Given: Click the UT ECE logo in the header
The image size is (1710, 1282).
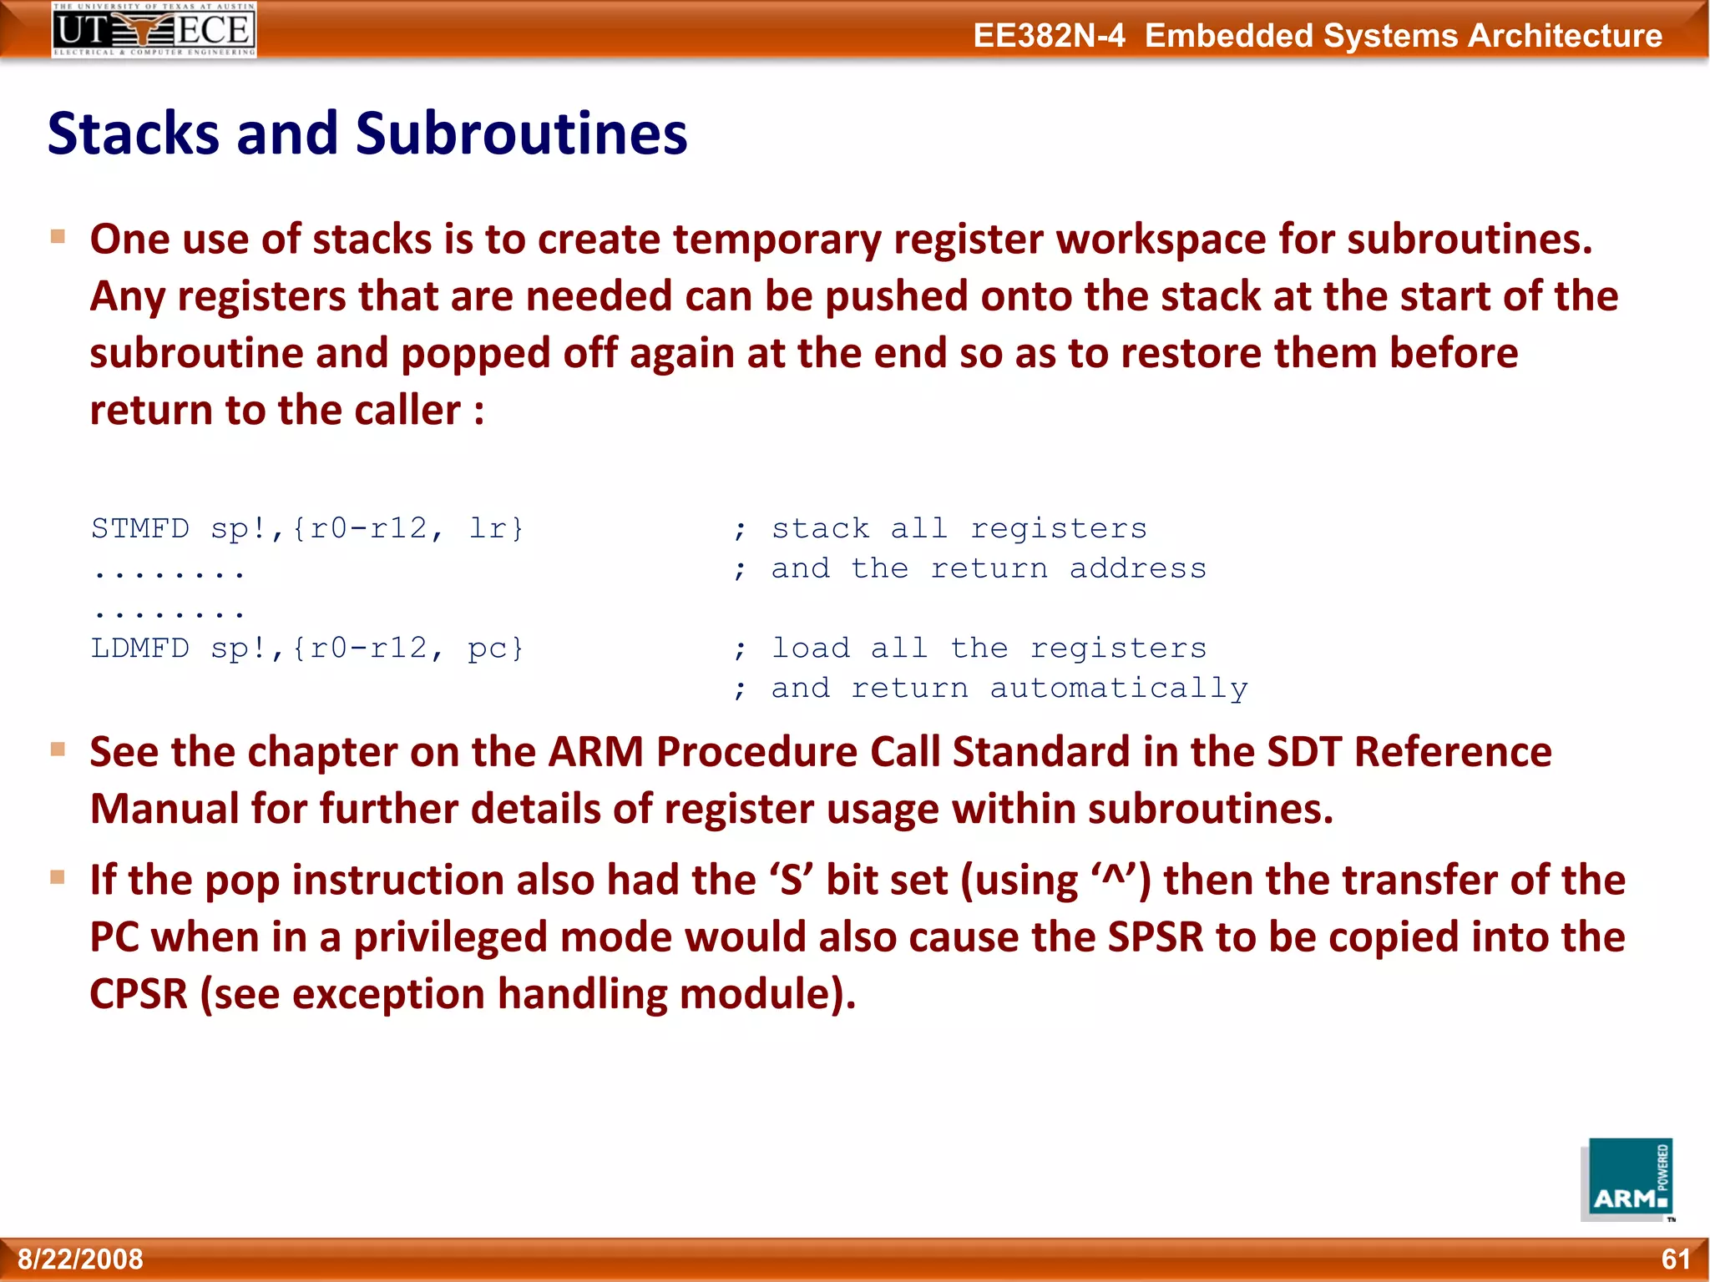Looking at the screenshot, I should coord(154,30).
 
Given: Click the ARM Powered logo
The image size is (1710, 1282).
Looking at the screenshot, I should coord(1627,1179).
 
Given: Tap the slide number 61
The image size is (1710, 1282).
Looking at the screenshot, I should coord(1675,1259).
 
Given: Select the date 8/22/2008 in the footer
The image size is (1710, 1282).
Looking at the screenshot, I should coord(80,1259).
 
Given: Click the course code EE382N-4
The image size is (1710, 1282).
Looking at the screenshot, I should coord(1049,36).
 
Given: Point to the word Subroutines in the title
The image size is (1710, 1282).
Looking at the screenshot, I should coord(521,134).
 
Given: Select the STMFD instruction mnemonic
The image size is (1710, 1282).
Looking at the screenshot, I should coord(140,529).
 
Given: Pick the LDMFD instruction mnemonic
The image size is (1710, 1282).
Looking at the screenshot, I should coord(140,649).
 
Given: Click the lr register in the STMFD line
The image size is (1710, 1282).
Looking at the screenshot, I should coord(488,529).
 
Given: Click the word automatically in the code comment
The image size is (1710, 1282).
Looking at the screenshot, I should coord(1119,689).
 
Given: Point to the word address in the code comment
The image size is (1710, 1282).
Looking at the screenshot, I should coord(1138,569).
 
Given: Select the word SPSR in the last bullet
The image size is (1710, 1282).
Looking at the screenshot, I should coord(1156,937).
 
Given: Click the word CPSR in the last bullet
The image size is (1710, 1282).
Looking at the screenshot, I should coord(139,994).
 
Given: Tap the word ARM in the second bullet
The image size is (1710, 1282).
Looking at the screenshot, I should coord(595,752).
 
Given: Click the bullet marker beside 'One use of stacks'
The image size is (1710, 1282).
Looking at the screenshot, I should coord(58,237).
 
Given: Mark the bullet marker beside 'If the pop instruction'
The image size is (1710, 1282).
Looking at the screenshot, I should coord(58,877).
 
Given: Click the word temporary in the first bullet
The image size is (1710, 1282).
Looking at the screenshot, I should coord(777,240).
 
